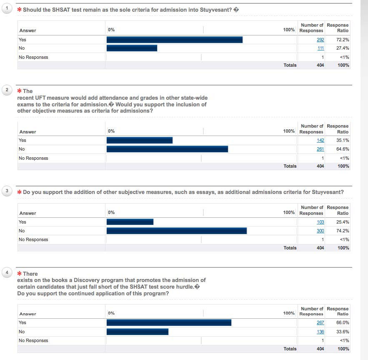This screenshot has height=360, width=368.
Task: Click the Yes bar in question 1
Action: [175, 40]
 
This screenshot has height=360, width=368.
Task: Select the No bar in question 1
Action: [132, 48]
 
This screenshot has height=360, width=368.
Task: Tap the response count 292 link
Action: [320, 40]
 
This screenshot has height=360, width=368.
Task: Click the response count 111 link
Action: [320, 48]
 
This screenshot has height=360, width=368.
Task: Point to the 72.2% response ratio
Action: [343, 40]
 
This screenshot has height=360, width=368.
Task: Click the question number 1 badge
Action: [7, 9]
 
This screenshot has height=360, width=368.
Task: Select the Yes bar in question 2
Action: [140, 141]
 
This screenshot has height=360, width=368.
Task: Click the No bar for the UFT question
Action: [167, 149]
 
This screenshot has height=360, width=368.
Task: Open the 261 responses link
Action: [320, 149]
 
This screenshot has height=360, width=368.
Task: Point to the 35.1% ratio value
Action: [343, 141]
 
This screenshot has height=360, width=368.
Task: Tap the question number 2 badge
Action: [7, 90]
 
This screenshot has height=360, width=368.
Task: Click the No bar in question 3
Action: [177, 231]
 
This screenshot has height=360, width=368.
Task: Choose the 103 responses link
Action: [320, 222]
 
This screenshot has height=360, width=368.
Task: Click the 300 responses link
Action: [320, 231]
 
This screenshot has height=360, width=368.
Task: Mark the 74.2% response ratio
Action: [343, 231]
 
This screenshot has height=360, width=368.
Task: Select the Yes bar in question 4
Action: [169, 322]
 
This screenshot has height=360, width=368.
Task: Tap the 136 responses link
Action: [320, 332]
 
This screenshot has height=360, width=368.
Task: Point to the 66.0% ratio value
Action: [343, 322]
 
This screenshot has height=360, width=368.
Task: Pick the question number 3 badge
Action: [7, 191]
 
